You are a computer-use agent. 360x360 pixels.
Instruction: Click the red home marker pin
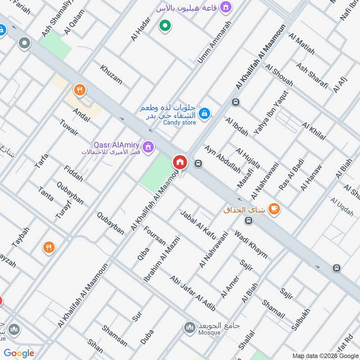pyautogui.click(x=180, y=162)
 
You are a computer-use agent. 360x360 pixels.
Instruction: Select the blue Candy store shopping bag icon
pyautogui.click(x=204, y=113)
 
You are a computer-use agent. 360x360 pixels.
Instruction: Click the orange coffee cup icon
pyautogui.click(x=273, y=209)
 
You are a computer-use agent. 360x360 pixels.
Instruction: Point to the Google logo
pyautogui.click(x=19, y=353)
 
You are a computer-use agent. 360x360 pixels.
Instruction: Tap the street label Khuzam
pyautogui.click(x=111, y=74)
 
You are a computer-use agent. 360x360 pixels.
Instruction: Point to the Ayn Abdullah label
pyautogui.click(x=216, y=159)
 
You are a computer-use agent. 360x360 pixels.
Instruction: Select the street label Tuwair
pyautogui.click(x=69, y=126)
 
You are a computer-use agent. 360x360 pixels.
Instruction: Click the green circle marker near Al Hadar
pyautogui.click(x=165, y=25)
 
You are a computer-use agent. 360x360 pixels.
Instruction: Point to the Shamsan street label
pyautogui.click(x=114, y=336)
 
